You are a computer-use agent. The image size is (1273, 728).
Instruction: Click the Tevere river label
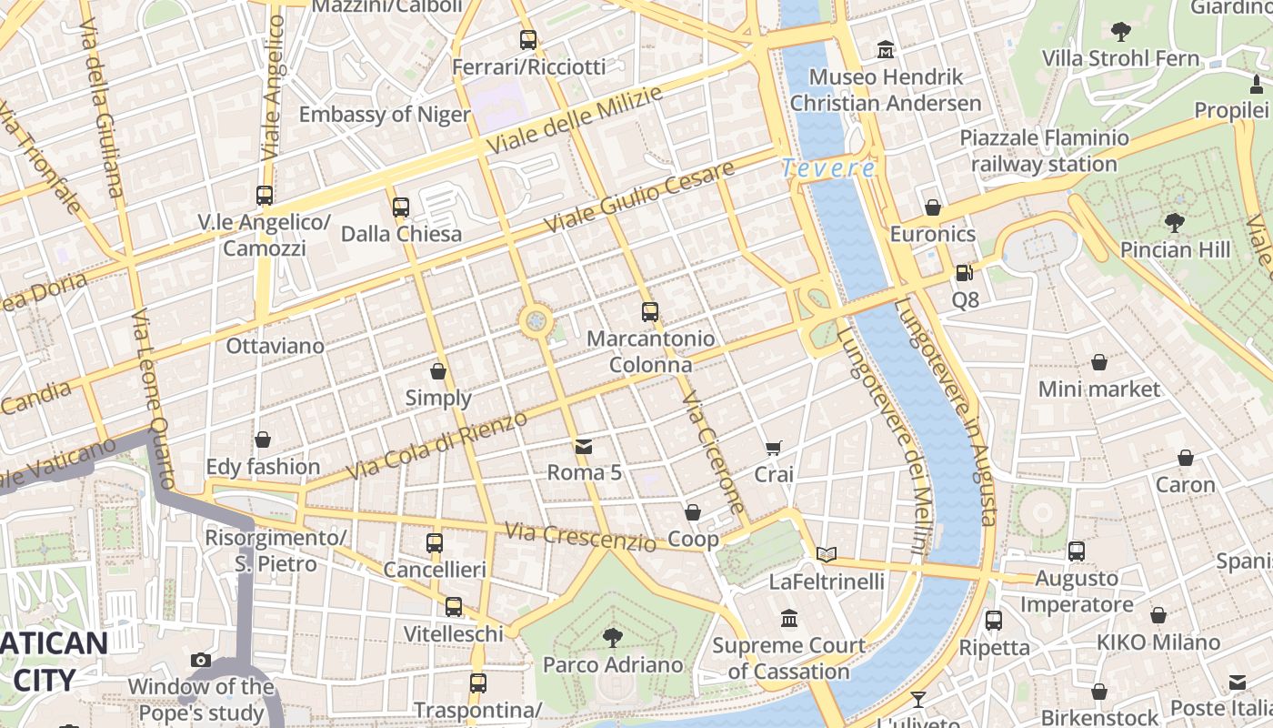coord(828,168)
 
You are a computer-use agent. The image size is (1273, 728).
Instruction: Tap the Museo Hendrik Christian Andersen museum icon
coord(885,49)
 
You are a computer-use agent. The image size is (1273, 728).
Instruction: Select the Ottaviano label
coord(275,346)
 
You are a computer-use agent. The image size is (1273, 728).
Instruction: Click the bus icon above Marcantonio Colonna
coord(649,312)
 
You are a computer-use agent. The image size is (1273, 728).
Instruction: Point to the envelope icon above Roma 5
coord(583,446)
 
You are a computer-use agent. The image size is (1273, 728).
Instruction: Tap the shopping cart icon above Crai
coord(773,447)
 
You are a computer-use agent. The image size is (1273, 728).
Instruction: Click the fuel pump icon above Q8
coord(964,272)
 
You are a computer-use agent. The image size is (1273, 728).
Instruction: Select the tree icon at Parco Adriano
coord(613,637)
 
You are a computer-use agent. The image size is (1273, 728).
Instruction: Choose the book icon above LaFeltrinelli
coord(826,553)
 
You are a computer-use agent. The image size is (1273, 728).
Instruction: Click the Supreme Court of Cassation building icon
coord(788,619)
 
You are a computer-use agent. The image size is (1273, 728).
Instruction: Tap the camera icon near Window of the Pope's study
coord(201,660)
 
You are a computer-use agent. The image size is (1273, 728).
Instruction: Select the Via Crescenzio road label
coord(579,536)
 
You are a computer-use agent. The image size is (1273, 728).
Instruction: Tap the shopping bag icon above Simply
coord(438,371)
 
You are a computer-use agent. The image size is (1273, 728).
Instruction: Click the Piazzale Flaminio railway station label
coord(1044,151)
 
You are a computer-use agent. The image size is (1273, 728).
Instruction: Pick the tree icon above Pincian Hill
coord(1174,222)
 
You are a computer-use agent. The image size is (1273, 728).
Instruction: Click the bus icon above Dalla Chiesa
coord(401,207)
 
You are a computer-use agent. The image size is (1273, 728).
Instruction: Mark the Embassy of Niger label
coord(384,114)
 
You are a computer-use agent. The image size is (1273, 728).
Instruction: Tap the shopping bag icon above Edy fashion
coord(263,440)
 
